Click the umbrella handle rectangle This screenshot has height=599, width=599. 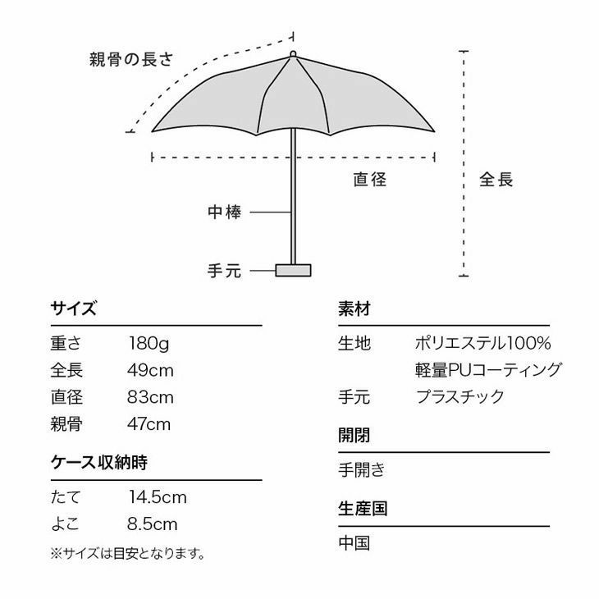tap(293, 270)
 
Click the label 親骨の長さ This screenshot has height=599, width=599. tap(131, 60)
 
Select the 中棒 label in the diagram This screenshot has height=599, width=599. tap(224, 212)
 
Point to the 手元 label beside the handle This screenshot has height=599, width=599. tap(224, 271)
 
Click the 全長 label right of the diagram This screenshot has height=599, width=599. tap(496, 179)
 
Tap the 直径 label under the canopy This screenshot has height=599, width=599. tap(369, 179)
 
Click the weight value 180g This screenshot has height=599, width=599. tap(149, 343)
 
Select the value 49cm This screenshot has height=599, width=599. tap(150, 370)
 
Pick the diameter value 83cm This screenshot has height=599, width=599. tap(150, 397)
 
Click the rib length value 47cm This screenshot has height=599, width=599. tap(149, 424)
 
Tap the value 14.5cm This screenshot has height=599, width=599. tap(158, 497)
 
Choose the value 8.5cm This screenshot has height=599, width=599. tap(153, 524)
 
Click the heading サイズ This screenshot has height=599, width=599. tap(73, 309)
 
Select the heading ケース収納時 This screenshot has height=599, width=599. tap(99, 463)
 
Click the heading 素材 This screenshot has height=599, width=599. tap(354, 309)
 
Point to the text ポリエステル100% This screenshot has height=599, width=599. tap(482, 343)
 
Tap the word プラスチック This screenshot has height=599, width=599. tap(460, 397)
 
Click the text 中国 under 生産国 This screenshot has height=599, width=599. tap(354, 543)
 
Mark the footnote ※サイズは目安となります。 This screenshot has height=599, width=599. tap(127, 553)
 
